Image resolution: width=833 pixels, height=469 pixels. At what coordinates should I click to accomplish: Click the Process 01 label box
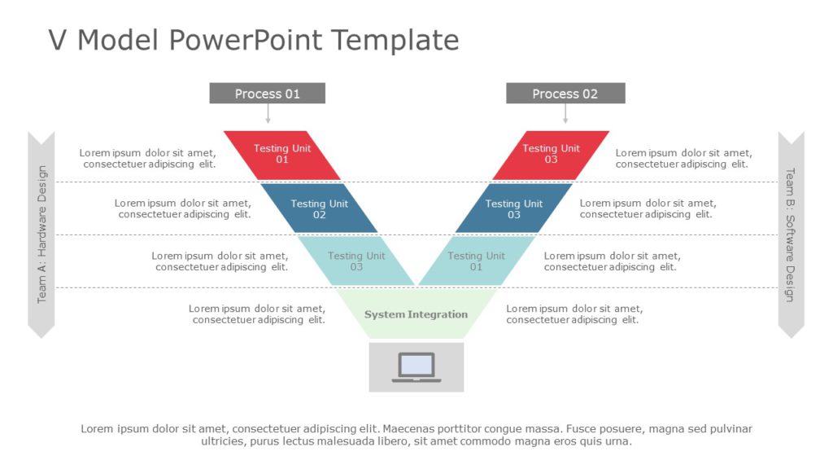tap(267, 94)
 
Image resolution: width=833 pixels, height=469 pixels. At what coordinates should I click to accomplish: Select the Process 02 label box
tap(565, 94)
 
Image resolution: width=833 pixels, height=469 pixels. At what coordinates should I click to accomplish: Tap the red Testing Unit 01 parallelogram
tap(282, 154)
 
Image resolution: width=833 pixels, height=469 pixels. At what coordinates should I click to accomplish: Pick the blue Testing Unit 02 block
tap(319, 209)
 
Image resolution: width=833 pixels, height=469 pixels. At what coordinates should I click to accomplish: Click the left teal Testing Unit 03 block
tap(356, 261)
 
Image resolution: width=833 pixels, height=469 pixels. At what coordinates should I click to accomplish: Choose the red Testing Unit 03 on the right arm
tap(551, 154)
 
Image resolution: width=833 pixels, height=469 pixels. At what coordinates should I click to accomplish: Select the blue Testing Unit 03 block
tap(514, 209)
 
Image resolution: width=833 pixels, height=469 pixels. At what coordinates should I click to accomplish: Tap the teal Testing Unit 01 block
tap(476, 261)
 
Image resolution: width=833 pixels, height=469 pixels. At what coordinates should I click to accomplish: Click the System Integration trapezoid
tap(416, 314)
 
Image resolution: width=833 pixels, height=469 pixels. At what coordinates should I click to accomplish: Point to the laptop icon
tap(416, 367)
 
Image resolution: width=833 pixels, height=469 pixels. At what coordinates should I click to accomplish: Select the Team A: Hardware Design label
tap(41, 234)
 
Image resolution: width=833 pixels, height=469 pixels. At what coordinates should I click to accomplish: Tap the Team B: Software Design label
tap(790, 234)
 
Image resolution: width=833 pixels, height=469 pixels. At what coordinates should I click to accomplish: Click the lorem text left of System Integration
tap(258, 314)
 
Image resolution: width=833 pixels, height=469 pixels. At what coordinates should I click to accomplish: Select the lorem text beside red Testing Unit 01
tap(148, 158)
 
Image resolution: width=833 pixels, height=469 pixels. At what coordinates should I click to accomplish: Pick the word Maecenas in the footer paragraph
tap(412, 429)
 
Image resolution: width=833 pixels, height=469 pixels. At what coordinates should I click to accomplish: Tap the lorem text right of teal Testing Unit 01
tap(612, 261)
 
